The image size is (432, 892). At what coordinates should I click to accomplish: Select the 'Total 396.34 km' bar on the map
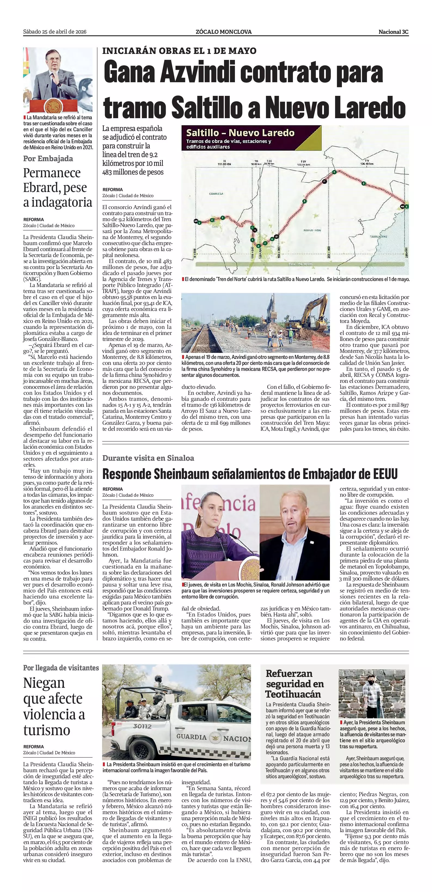coord(301,264)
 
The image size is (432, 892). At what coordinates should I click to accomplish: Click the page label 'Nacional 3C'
coord(393,32)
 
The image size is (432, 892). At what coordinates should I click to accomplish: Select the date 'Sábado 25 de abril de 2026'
coord(55,32)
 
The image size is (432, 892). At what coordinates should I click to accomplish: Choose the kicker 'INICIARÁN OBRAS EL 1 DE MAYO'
coord(179,51)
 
